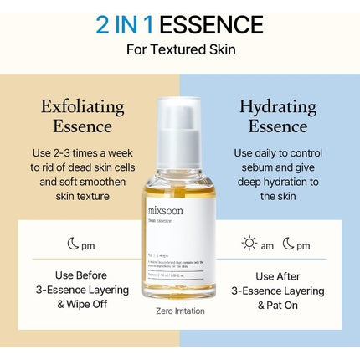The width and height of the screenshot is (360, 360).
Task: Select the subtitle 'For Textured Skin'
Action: pos(180,49)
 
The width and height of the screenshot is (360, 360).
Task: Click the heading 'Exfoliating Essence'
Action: pos(83,116)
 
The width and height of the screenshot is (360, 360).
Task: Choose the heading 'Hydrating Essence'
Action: pos(277,116)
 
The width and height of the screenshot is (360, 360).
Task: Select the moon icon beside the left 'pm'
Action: pos(73,244)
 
